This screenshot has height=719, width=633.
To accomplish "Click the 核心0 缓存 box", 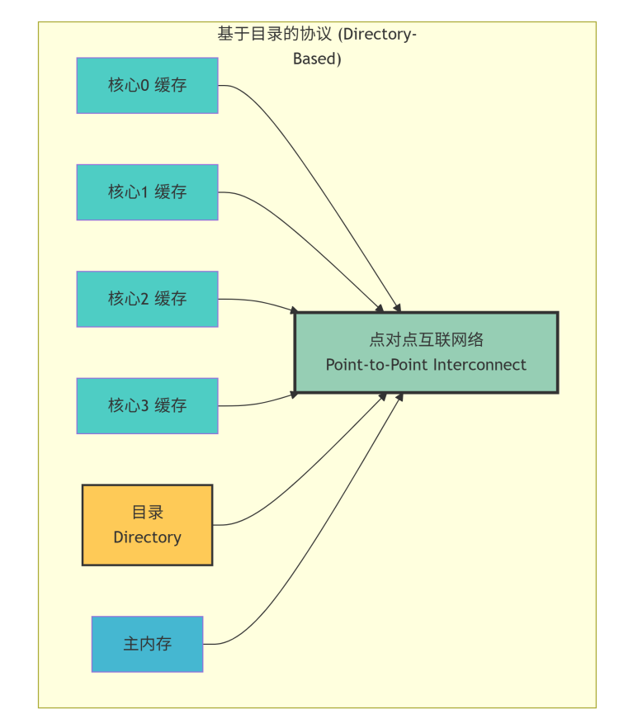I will tap(147, 85).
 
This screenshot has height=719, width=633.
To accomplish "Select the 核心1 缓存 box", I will tap(147, 192).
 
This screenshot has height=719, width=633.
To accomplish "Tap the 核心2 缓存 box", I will tap(147, 298).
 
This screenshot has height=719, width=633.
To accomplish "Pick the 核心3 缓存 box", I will tap(147, 405).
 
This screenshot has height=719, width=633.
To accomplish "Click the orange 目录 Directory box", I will tap(147, 524).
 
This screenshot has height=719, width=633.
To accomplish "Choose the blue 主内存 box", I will tap(147, 644).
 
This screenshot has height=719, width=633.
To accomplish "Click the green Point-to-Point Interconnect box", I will tap(426, 352).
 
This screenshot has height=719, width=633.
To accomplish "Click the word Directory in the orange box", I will tap(147, 537).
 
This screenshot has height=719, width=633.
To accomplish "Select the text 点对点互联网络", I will tap(426, 339).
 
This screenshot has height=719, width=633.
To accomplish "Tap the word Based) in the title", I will tap(317, 59).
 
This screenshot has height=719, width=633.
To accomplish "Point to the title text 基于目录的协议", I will tap(275, 35).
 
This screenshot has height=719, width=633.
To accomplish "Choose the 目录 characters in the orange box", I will tap(147, 512).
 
